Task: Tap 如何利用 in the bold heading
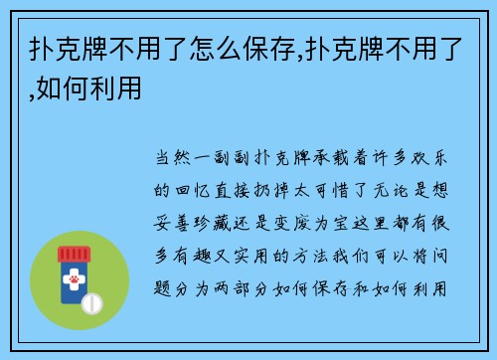coord(100,90)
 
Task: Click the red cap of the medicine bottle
coord(76,251)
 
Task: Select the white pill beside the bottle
coord(92,302)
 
